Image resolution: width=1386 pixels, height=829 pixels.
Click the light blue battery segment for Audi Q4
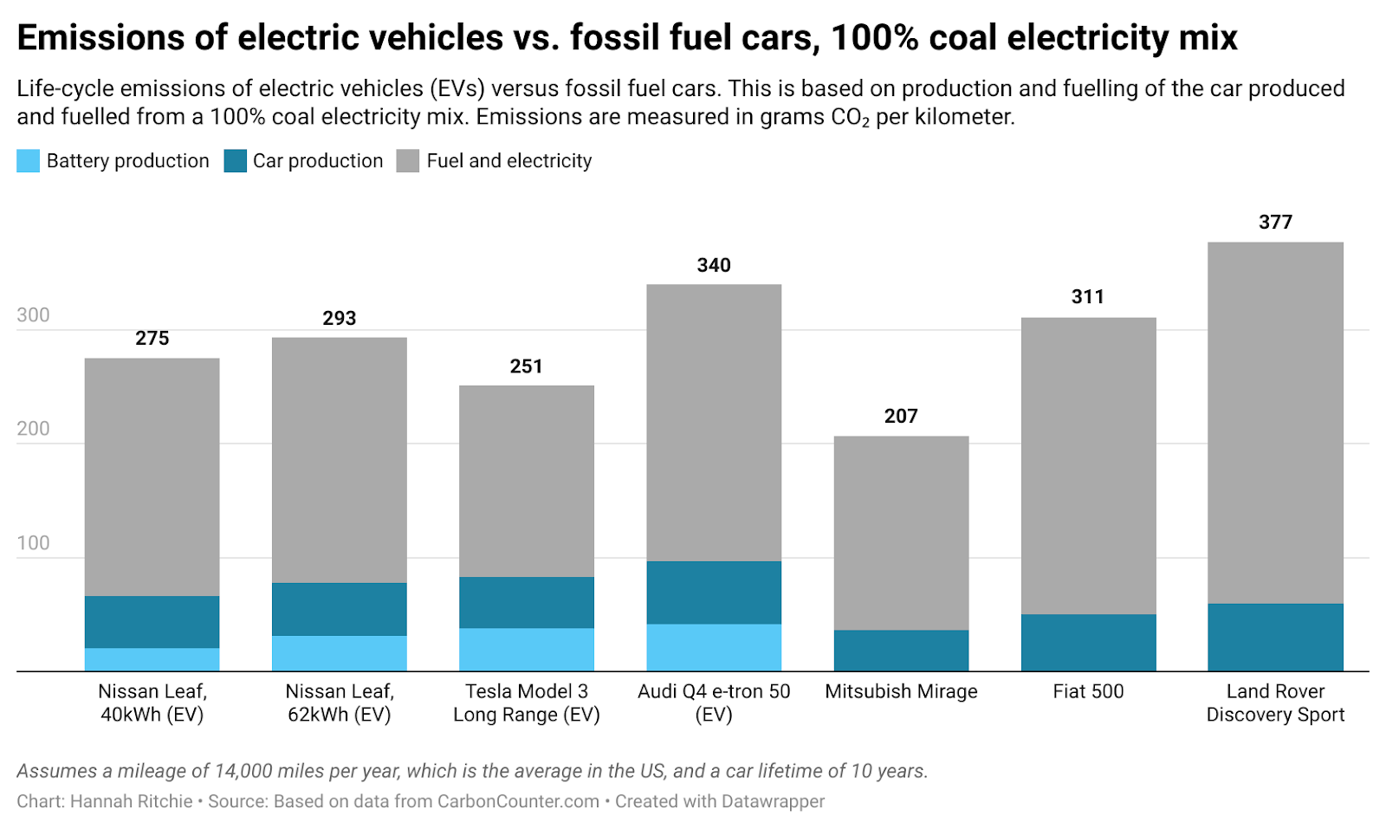pyautogui.click(x=714, y=647)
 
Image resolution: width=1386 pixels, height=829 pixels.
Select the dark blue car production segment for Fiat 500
pyautogui.click(x=1088, y=642)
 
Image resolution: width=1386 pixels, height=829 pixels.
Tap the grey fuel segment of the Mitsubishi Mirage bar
pyautogui.click(x=901, y=533)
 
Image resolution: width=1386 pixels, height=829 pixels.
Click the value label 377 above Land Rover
pyautogui.click(x=1275, y=223)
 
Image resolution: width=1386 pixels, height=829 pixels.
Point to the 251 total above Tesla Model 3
pyautogui.click(x=526, y=366)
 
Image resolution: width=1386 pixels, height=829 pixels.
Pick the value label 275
pyautogui.click(x=152, y=339)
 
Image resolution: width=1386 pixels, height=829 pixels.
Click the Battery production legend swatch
pyautogui.click(x=28, y=161)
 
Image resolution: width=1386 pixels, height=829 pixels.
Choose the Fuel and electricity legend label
pyautogui.click(x=508, y=161)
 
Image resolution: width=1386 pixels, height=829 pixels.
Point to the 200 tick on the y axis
pyautogui.click(x=33, y=429)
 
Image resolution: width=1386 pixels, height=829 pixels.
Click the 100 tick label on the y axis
pyautogui.click(x=33, y=543)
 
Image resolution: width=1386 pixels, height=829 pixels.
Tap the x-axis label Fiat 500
pyautogui.click(x=1088, y=691)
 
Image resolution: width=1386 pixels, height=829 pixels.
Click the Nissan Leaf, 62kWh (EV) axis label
pyautogui.click(x=340, y=703)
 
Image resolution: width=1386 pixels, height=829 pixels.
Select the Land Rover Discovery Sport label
pyautogui.click(x=1275, y=703)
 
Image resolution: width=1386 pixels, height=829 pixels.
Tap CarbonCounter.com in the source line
pyautogui.click(x=518, y=801)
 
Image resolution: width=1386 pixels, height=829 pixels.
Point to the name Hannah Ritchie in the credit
pyautogui.click(x=131, y=801)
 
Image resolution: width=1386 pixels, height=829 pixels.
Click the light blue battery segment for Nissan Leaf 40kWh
pyautogui.click(x=152, y=659)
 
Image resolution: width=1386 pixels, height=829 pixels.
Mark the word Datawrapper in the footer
pyautogui.click(x=773, y=801)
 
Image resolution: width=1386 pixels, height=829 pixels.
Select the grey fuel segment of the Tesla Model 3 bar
pyautogui.click(x=526, y=481)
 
